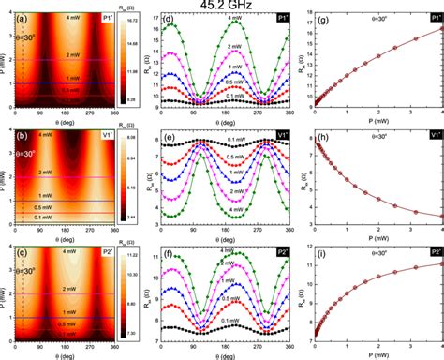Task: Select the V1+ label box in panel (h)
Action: point(434,135)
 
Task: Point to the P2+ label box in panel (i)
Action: point(434,252)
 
